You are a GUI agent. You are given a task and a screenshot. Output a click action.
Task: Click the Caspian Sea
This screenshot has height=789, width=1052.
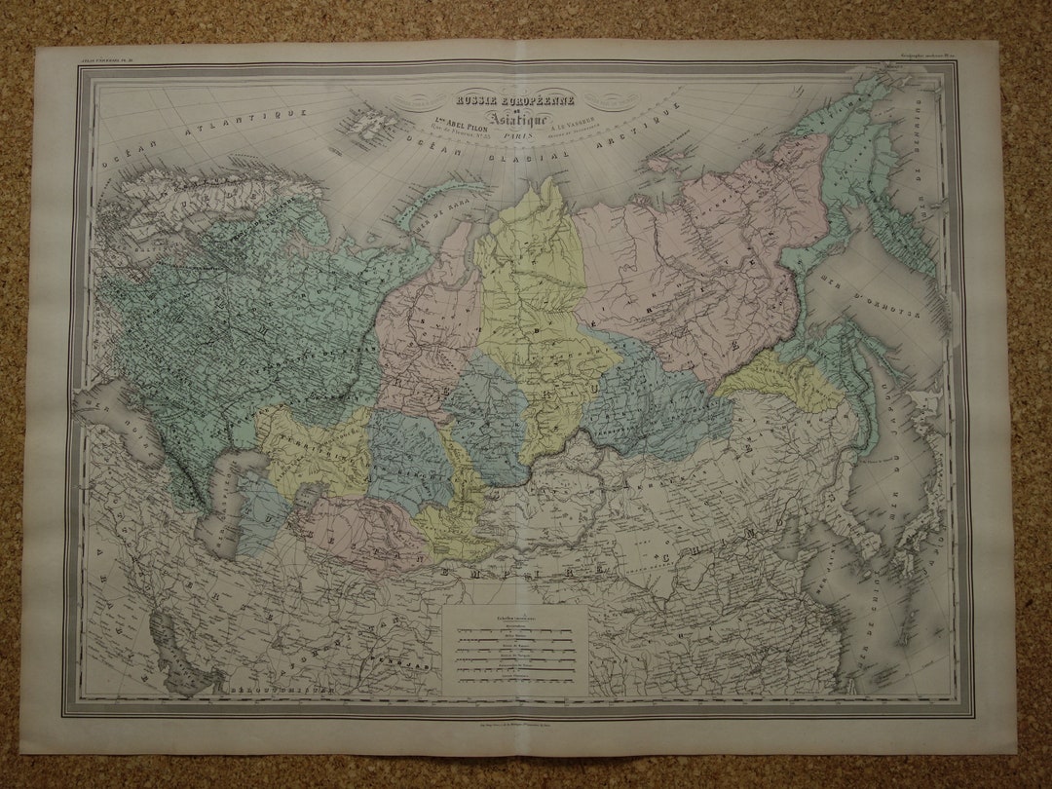pyautogui.click(x=219, y=497)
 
